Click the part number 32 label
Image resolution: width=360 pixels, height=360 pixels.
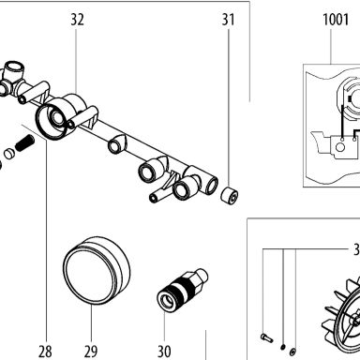click(x=77, y=20)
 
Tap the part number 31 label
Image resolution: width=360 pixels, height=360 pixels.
click(x=228, y=20)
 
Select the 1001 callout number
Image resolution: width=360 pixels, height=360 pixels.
click(x=336, y=20)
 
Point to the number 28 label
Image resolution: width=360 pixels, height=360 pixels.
click(x=45, y=352)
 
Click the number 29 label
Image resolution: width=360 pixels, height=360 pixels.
click(x=91, y=352)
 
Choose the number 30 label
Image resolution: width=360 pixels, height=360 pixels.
click(x=164, y=352)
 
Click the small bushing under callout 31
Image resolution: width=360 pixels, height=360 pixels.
click(x=230, y=196)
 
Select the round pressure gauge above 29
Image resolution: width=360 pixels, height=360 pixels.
click(x=97, y=271)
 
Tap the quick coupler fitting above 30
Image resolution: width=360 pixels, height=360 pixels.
click(x=182, y=290)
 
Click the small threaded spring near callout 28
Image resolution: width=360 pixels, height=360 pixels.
click(x=24, y=142)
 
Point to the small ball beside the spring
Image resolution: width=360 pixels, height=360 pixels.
click(x=9, y=154)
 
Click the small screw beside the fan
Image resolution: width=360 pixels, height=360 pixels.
click(x=266, y=337)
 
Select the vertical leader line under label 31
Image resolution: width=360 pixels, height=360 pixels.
click(x=229, y=108)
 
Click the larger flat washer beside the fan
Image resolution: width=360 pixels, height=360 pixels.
click(x=292, y=352)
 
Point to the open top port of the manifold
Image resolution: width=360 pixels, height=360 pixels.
click(x=13, y=67)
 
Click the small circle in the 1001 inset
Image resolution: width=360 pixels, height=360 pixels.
click(x=340, y=146)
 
